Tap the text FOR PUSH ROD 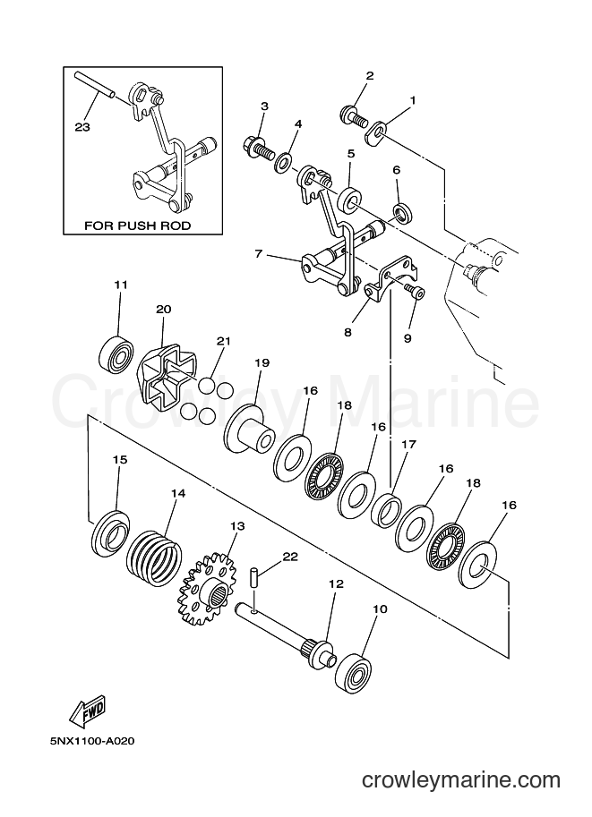pyautogui.click(x=138, y=226)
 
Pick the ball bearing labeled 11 pyautogui.click(x=116, y=353)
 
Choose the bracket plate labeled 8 pyautogui.click(x=391, y=279)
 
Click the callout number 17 pyautogui.click(x=409, y=445)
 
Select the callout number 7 pyautogui.click(x=258, y=255)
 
